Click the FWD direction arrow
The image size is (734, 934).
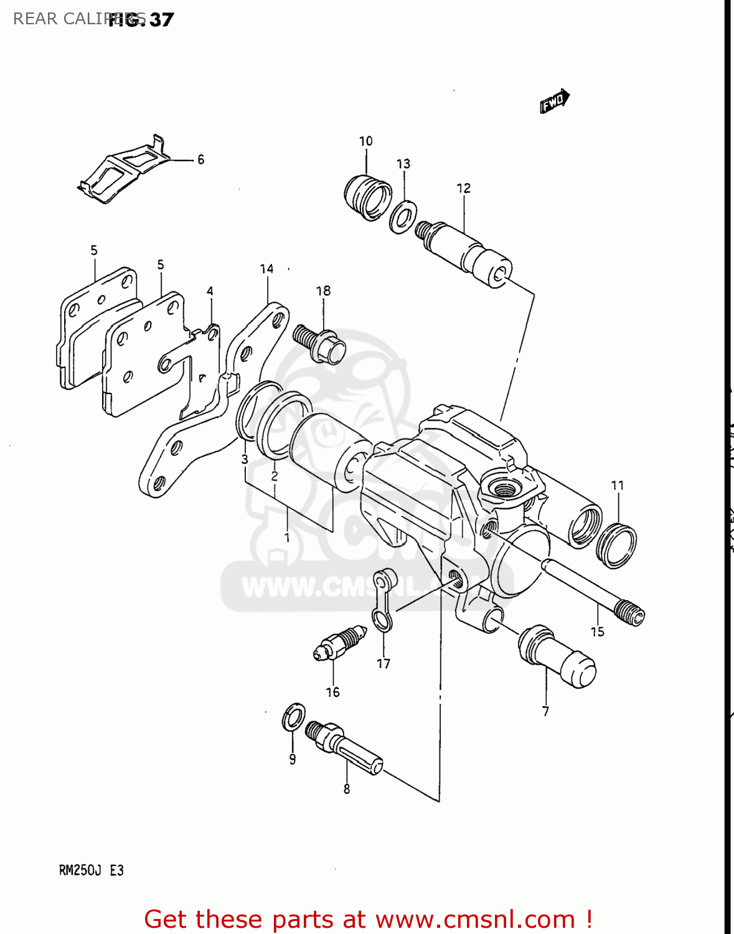point(554,101)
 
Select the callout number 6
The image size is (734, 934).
point(200,160)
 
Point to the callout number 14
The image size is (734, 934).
point(266,269)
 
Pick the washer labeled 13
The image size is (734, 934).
point(403,217)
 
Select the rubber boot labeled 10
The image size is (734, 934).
point(367,197)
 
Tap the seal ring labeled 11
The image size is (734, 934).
point(616,545)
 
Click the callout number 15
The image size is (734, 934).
point(597,632)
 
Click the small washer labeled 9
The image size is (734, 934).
point(294,717)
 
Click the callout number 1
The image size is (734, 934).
point(287,537)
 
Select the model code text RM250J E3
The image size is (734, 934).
point(92,870)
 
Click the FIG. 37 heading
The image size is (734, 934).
point(141,20)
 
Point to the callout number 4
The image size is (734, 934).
point(210,291)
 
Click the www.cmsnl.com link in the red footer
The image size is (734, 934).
point(475,920)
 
